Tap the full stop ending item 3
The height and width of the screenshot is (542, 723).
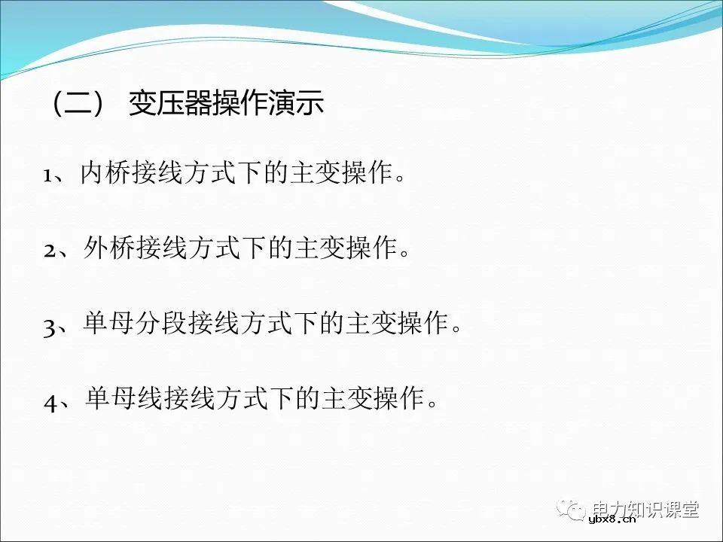point(455,329)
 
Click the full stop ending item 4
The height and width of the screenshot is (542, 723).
point(432,403)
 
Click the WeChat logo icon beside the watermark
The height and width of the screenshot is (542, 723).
point(575,511)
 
